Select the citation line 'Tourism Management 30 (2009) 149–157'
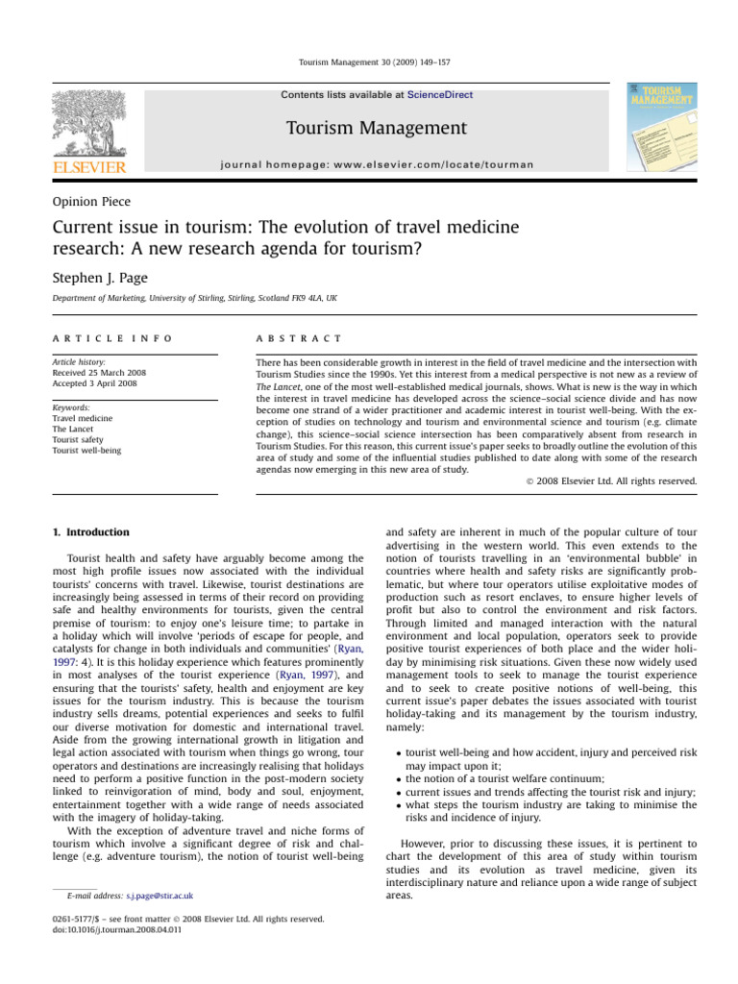click(368, 62)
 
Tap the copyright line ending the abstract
click(615, 480)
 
